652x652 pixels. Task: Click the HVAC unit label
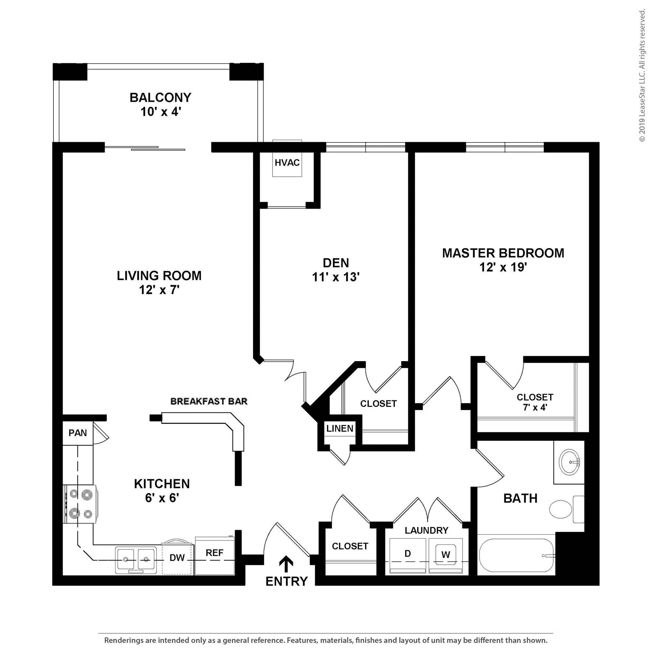(x=287, y=163)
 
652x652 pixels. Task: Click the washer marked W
(x=446, y=555)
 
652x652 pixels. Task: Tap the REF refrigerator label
(x=214, y=553)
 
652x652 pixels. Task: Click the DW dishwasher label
(x=177, y=557)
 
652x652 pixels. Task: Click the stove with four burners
(x=80, y=504)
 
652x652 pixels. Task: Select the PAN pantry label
(x=78, y=433)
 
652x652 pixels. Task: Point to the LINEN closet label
(x=339, y=428)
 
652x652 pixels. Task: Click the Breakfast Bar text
(x=209, y=401)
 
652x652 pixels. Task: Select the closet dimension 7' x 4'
(x=535, y=407)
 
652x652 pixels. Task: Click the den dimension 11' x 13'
(x=335, y=277)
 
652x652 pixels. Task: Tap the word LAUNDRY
(x=426, y=530)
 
